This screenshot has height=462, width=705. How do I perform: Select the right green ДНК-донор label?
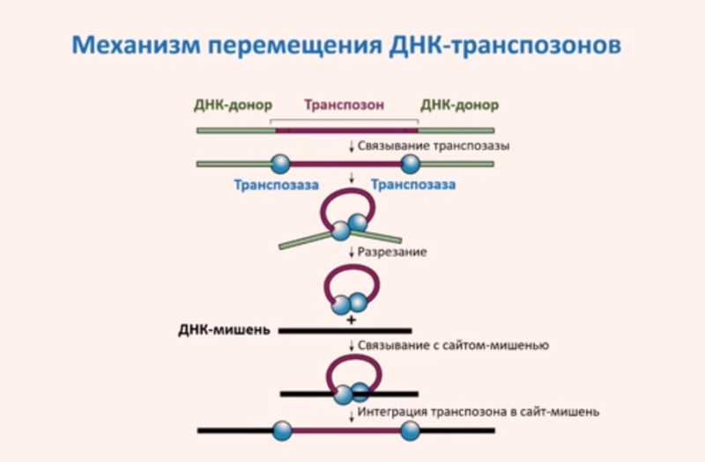[x=458, y=105]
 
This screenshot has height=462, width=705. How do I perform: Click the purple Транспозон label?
[x=345, y=105]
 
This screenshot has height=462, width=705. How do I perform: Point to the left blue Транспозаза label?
[x=277, y=185]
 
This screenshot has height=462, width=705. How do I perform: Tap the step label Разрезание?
[x=393, y=253]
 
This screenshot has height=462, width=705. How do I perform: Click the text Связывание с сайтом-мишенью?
[x=453, y=346]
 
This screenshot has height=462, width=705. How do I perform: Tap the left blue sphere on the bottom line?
[x=282, y=430]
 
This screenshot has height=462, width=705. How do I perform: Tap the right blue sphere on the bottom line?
[x=411, y=430]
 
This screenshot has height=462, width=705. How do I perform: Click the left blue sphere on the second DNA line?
[x=278, y=163]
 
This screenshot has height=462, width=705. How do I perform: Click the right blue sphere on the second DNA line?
[x=411, y=163]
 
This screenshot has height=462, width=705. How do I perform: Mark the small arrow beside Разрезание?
[x=352, y=253]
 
